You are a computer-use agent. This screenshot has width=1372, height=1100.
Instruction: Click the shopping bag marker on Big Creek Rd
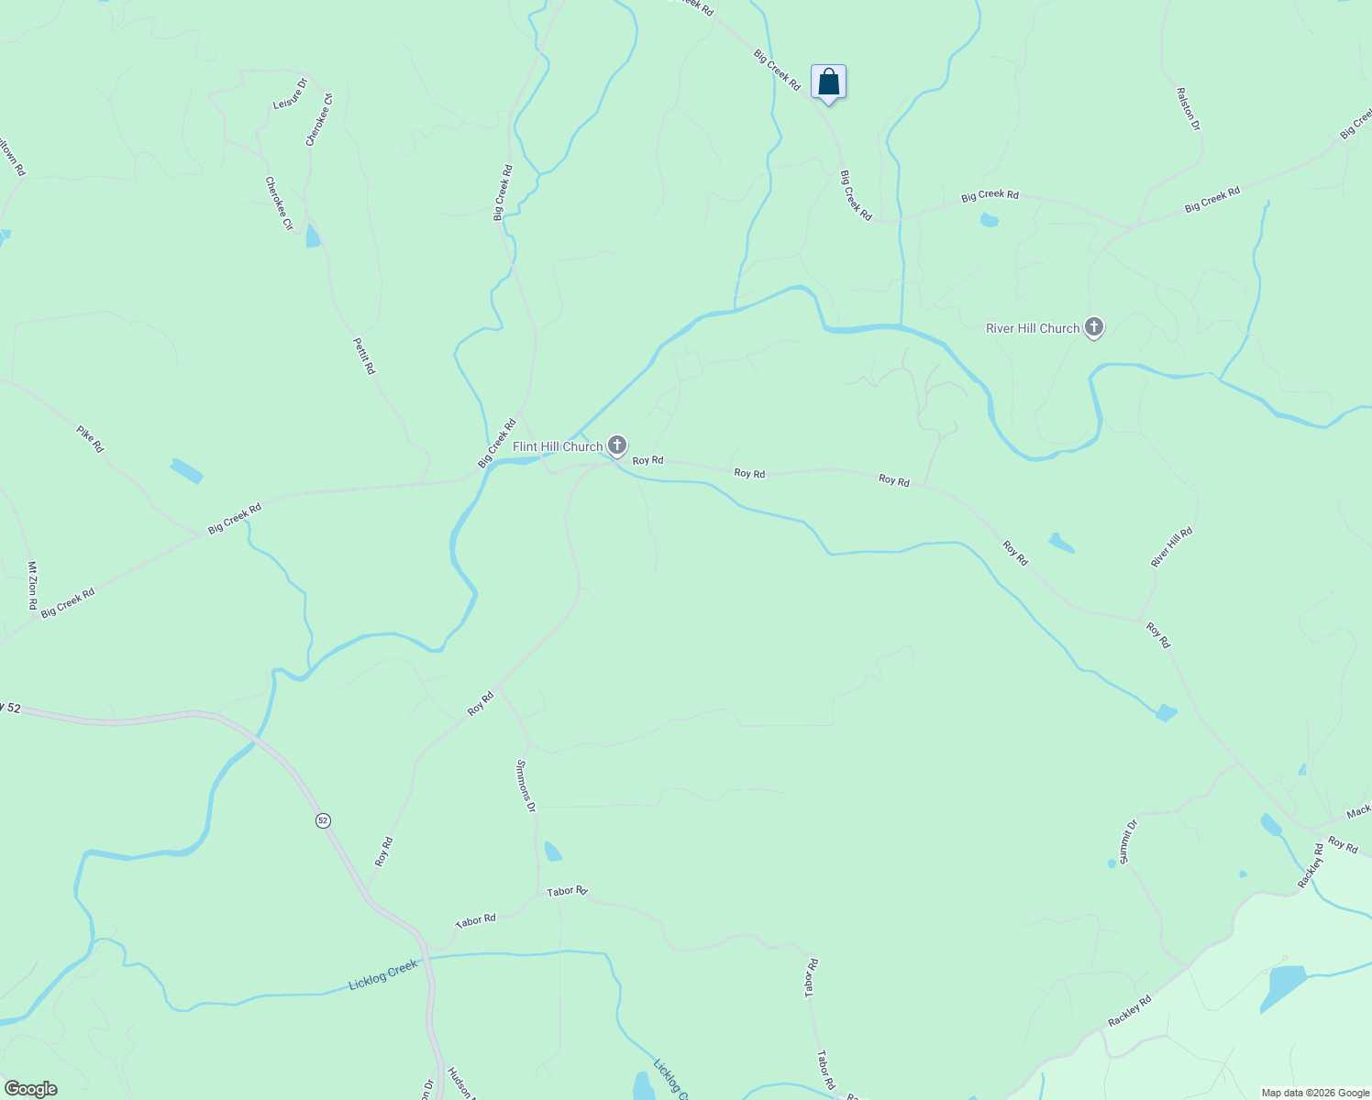click(828, 82)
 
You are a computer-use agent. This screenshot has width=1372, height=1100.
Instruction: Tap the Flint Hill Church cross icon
click(617, 446)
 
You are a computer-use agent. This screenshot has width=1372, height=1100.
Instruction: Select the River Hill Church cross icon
click(1093, 327)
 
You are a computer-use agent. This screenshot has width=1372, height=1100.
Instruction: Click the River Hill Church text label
click(1033, 328)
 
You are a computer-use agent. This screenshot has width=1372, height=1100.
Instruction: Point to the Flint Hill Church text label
click(558, 446)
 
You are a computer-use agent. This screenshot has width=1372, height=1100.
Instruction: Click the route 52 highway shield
click(323, 820)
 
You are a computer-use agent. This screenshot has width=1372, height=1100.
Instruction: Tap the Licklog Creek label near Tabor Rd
click(383, 974)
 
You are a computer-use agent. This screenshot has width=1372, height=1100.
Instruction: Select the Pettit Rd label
click(364, 356)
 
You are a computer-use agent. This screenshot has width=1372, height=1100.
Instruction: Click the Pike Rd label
click(90, 438)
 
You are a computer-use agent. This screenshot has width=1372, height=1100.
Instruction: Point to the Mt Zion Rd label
click(32, 586)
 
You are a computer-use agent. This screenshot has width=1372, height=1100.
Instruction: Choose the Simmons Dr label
click(526, 786)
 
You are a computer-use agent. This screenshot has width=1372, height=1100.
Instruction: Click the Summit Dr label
click(1128, 841)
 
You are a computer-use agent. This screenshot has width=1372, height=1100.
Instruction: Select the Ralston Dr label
click(1189, 109)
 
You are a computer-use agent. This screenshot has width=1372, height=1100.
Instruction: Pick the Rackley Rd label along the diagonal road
click(1129, 1011)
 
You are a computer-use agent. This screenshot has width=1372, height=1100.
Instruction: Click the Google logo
click(29, 1089)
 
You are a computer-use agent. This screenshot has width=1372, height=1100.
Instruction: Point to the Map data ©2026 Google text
click(1315, 1093)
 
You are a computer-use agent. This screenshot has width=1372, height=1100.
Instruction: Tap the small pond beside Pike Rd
click(186, 470)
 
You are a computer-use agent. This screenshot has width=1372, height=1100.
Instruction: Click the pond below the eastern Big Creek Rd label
click(989, 220)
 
